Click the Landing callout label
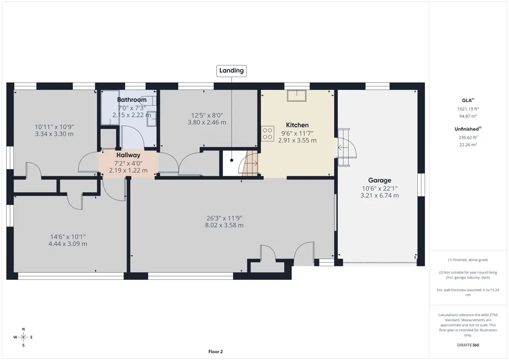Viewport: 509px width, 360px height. pos(231,71)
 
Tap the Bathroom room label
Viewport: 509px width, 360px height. pos(132,100)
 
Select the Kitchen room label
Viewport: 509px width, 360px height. pos(297,125)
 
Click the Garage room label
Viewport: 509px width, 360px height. pos(380,180)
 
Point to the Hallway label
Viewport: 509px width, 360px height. pos(129,155)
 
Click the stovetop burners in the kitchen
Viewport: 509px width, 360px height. pos(268,134)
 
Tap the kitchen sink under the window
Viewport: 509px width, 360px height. pos(296,96)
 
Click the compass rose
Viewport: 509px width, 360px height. pos(23,337)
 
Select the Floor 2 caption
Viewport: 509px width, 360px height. pos(215,352)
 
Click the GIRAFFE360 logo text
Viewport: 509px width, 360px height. pos(468,345)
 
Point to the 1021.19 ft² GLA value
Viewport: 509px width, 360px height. pos(468,109)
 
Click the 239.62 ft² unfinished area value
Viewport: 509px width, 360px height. pos(468,137)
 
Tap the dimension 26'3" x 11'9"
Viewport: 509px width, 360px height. pos(224,218)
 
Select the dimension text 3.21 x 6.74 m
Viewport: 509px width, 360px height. pos(380,195)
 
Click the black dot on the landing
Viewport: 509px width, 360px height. pos(232,160)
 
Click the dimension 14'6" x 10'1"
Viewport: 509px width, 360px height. pos(68,237)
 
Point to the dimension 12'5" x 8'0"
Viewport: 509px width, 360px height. pos(207,115)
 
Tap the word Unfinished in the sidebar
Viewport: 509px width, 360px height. pos(467,129)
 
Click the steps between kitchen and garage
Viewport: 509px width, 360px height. pos(344,148)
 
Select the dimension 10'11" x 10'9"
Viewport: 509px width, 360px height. pos(54,127)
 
